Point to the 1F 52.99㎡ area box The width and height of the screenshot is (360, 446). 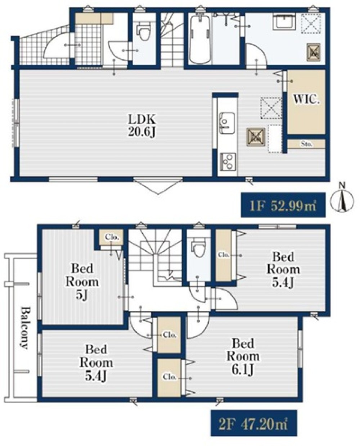(283, 205)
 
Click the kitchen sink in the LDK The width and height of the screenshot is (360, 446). (228, 123)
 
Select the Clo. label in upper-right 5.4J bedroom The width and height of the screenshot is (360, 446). (223, 255)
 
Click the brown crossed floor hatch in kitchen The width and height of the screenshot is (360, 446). (256, 137)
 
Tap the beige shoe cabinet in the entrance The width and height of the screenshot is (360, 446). (94, 19)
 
